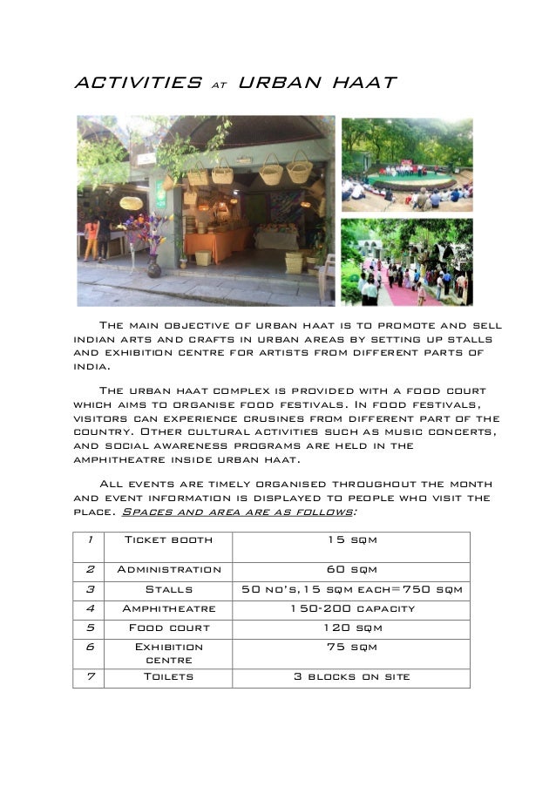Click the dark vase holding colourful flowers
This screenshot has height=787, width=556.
pyautogui.click(x=154, y=266)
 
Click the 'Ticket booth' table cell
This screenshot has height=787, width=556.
pyautogui.click(x=168, y=540)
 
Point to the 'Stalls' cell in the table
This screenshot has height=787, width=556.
pyautogui.click(x=168, y=589)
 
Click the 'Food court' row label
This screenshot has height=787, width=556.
pyautogui.click(x=168, y=628)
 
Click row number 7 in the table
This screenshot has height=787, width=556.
pyautogui.click(x=89, y=676)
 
